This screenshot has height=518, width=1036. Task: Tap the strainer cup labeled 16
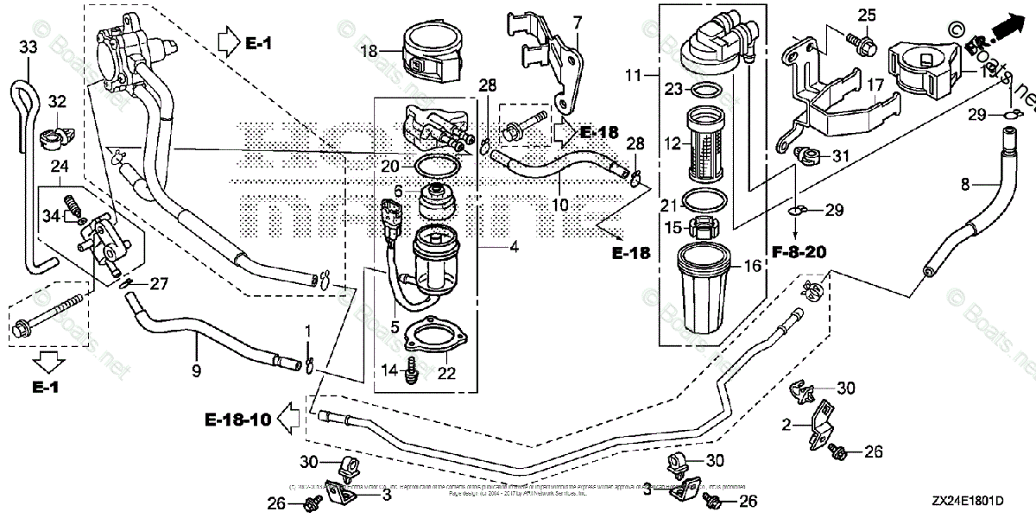pos(706,294)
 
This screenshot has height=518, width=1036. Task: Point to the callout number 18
pos(369,51)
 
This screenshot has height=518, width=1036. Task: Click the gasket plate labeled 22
pos(433,336)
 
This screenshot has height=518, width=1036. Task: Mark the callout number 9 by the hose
pos(196,371)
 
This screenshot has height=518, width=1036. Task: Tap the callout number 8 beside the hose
pos(966,183)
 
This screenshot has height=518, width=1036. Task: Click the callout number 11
pos(635,76)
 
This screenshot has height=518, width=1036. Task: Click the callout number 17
pos(876,85)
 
